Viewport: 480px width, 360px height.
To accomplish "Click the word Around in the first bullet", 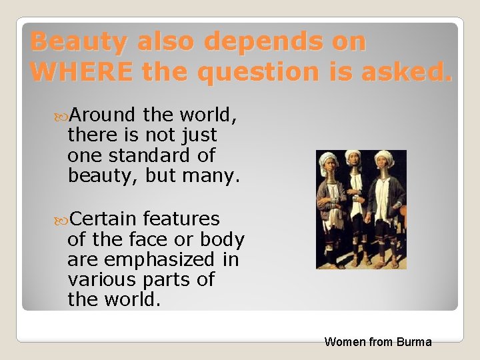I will [101, 115].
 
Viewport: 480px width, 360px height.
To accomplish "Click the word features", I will [181, 219].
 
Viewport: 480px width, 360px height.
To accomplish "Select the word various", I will [98, 279].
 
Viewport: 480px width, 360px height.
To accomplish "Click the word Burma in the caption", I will [414, 342].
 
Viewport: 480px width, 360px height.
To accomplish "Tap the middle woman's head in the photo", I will [353, 161].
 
